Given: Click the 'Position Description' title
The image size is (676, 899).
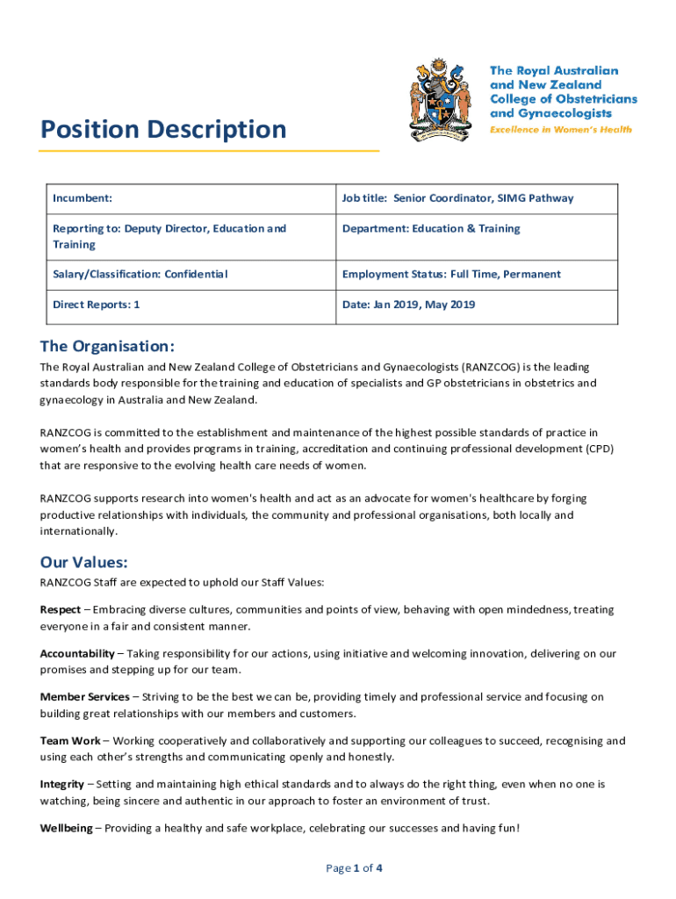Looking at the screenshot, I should point(163,130).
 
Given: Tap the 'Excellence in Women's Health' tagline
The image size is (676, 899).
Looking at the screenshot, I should point(560,129).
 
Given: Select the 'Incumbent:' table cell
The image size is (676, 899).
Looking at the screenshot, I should point(81,198).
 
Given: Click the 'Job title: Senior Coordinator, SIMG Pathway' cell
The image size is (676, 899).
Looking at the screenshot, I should point(457,198).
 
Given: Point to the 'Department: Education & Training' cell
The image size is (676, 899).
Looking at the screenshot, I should point(430,229).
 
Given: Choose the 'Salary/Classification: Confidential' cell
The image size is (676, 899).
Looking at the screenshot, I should point(140,275).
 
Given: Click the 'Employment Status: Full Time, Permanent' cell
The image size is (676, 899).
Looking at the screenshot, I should point(450,275).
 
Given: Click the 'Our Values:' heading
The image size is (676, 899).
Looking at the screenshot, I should point(84,562).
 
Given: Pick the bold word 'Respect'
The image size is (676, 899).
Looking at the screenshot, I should point(61,609).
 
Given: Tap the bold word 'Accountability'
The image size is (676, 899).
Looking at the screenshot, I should point(77,653).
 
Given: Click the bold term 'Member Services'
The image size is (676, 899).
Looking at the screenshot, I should point(84,697).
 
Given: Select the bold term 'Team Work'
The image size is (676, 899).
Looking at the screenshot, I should point(70,741).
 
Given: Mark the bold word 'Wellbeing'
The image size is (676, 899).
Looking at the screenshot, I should point(66,828).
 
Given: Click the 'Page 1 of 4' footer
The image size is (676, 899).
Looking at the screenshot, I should point(354,868).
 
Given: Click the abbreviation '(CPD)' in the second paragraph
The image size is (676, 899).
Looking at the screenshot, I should point(596,449).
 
